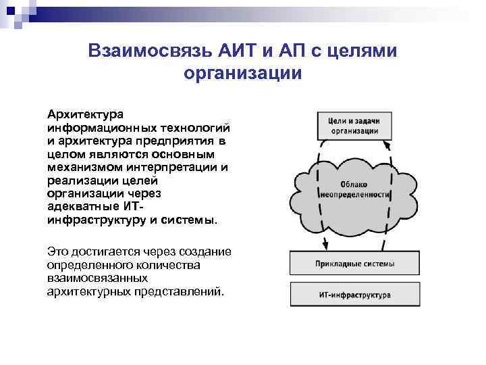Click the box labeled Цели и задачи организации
tap(349, 124)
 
